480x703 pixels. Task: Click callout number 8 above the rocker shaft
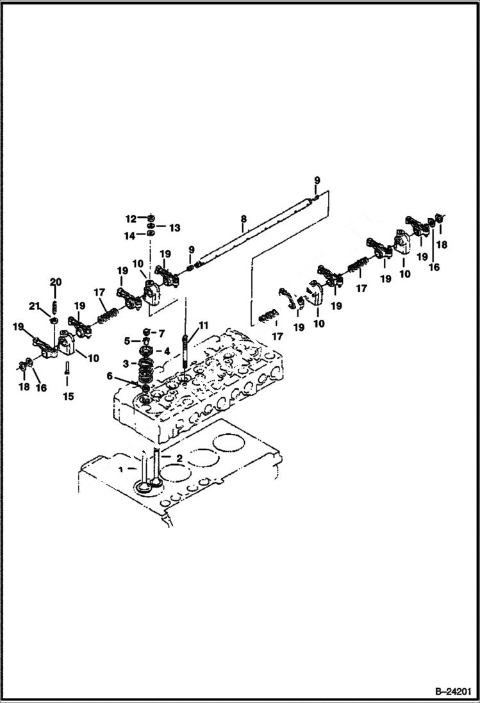point(244,219)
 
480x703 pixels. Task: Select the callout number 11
point(203,326)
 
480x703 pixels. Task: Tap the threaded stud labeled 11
point(185,349)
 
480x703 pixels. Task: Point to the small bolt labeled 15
point(67,368)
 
